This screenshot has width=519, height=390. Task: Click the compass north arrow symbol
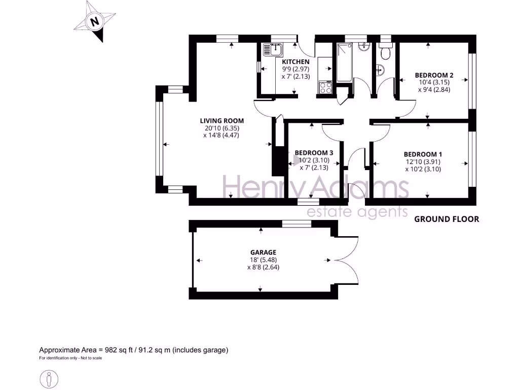(x=94, y=21)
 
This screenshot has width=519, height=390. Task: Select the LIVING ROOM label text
(x=221, y=121)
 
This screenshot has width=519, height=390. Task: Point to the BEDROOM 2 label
(x=434, y=75)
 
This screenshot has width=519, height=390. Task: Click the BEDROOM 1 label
(x=423, y=154)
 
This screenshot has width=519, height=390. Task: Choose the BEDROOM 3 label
(x=314, y=153)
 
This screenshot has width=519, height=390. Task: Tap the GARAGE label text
(x=263, y=252)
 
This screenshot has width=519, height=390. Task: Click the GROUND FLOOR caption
(x=446, y=219)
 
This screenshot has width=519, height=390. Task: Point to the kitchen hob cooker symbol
(x=324, y=87)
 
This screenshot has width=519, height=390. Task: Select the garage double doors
(x=347, y=259)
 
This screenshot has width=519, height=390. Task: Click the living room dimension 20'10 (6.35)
(x=221, y=128)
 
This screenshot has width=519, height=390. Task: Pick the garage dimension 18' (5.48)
(x=263, y=259)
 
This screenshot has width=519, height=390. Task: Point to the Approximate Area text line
(x=134, y=350)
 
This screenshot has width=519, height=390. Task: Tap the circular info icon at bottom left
(x=49, y=379)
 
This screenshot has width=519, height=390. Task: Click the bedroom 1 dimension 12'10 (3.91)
(x=423, y=162)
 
